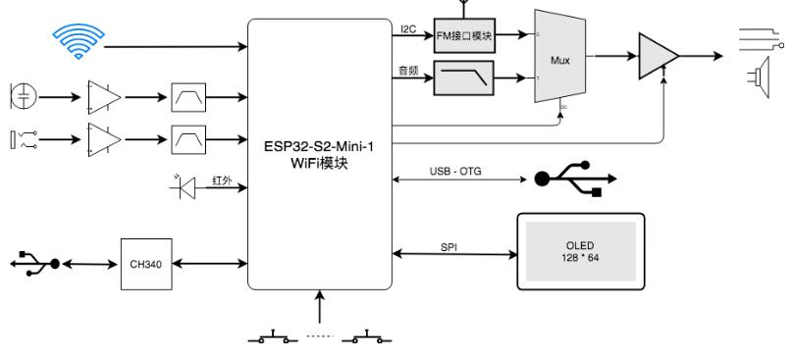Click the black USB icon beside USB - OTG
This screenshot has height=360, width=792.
point(575,180)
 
